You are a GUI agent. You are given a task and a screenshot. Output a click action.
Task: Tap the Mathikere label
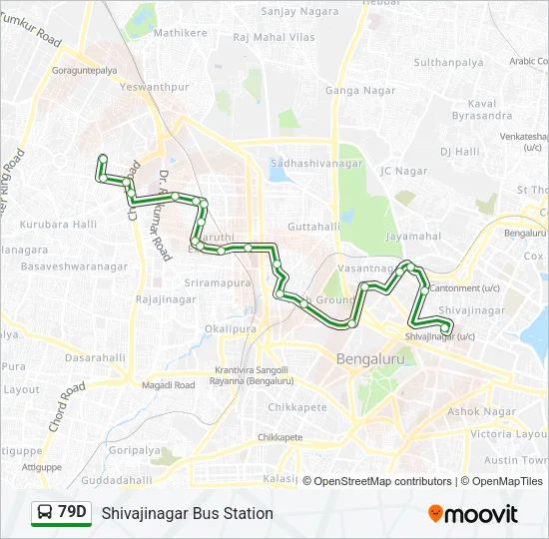point(181,33)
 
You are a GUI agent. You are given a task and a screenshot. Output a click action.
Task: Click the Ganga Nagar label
point(355,91)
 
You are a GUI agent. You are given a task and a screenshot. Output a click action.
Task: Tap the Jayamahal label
point(412,237)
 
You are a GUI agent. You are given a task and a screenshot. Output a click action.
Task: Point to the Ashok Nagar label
point(481,411)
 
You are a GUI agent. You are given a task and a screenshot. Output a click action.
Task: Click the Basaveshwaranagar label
point(75,268)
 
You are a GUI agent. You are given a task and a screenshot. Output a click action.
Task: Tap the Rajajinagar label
point(164,298)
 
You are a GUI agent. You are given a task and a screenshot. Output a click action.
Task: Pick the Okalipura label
point(230,327)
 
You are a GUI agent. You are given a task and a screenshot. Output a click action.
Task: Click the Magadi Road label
point(166,384)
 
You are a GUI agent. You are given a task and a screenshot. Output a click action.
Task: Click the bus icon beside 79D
point(44,513)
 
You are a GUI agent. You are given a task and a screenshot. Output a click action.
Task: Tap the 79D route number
point(72,513)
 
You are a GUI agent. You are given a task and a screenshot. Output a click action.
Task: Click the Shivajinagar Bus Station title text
point(187,513)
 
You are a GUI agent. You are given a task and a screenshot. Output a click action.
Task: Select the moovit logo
point(473,513)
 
